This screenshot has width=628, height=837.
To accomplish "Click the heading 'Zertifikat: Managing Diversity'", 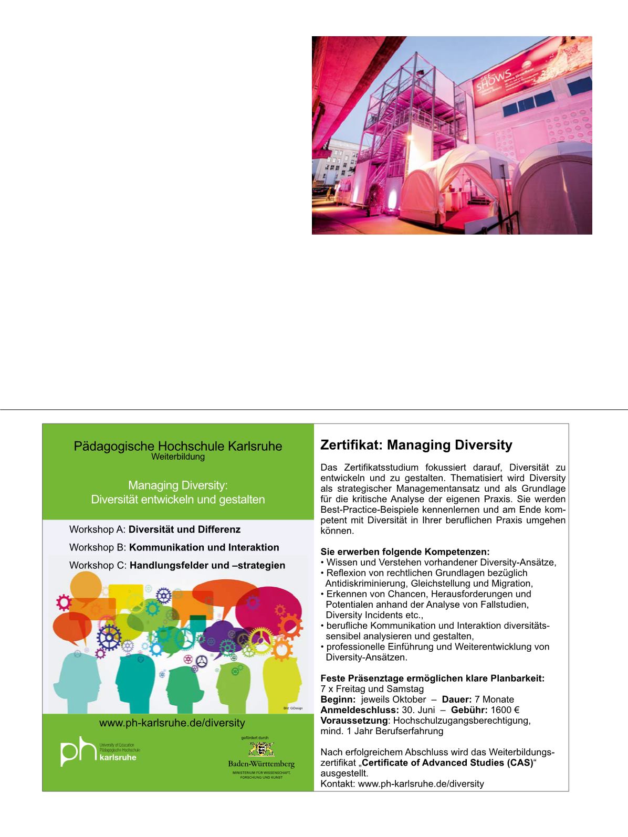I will pyautogui.click(x=416, y=446).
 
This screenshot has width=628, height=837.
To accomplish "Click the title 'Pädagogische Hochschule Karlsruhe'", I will pyautogui.click(x=177, y=447).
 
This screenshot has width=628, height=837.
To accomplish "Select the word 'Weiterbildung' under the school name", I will pyautogui.click(x=177, y=457).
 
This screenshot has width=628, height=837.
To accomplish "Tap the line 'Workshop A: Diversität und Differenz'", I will pyautogui.click(x=155, y=529).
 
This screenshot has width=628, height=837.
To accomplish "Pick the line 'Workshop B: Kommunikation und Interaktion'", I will pyautogui.click(x=174, y=547).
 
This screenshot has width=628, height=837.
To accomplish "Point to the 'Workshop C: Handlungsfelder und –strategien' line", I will pyautogui.click(x=177, y=565).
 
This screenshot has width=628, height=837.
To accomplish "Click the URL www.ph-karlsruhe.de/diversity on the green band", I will pyautogui.click(x=172, y=723).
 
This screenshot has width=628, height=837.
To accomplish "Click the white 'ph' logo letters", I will pyautogui.click(x=78, y=753).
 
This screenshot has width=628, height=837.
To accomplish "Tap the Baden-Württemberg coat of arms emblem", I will pyautogui.click(x=261, y=749).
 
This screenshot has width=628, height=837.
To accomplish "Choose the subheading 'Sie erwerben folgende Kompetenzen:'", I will pyautogui.click(x=405, y=552).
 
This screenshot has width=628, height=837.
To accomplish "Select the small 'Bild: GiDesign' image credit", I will pyautogui.click(x=293, y=708).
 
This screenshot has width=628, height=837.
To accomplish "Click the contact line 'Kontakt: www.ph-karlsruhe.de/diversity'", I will pyautogui.click(x=402, y=783).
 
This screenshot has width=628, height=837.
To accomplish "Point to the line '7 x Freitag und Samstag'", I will pyautogui.click(x=372, y=689).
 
